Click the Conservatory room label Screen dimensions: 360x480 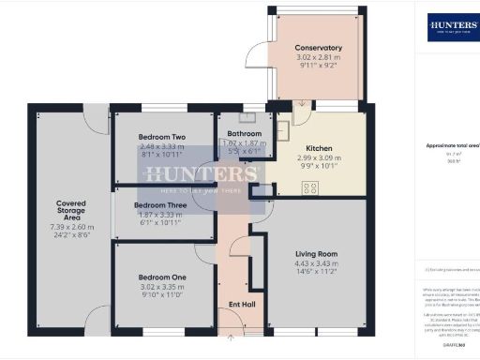pyautogui.click(x=318, y=48)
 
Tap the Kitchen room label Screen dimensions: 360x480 pyautogui.click(x=320, y=147)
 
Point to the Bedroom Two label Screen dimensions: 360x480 pyautogui.click(x=161, y=137)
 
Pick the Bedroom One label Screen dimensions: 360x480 pyautogui.click(x=161, y=277)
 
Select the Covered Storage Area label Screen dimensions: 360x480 pyautogui.click(x=71, y=211)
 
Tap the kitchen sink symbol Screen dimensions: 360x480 pyautogui.click(x=282, y=131)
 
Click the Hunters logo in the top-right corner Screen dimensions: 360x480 pyautogui.click(x=452, y=25)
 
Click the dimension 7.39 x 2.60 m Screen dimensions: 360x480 pyautogui.click(x=71, y=227)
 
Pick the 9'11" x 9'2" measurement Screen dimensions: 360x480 pyautogui.click(x=318, y=67)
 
